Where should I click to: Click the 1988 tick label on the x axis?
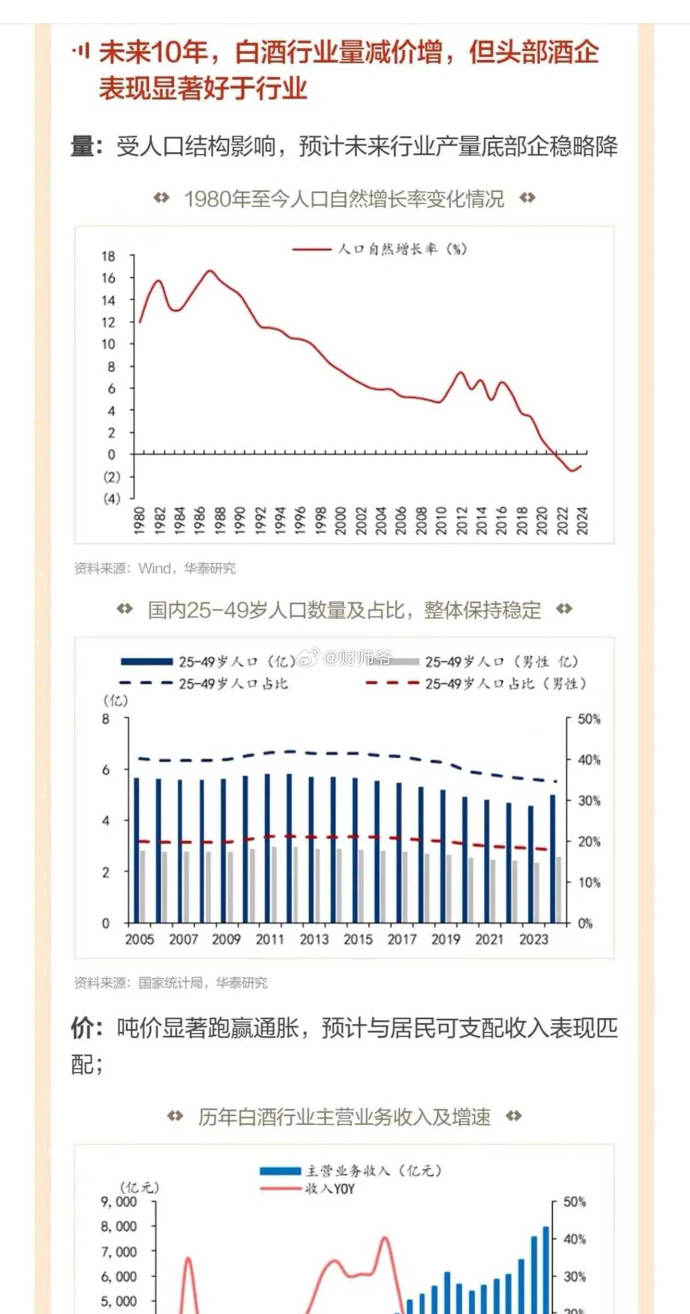click(x=220, y=521)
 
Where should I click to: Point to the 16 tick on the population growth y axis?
click(x=109, y=278)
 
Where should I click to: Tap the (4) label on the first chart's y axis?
click(x=111, y=499)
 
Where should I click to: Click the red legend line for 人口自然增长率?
click(x=312, y=249)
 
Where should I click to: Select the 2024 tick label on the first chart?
click(x=583, y=521)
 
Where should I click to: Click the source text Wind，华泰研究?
click(x=187, y=568)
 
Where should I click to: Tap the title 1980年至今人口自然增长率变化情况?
click(x=344, y=199)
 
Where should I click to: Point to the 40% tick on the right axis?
click(x=589, y=760)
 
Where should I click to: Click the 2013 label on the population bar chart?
click(x=314, y=940)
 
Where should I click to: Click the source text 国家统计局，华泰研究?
click(x=203, y=983)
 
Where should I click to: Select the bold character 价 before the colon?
click(x=82, y=1028)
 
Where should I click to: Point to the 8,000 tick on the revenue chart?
click(x=118, y=1226)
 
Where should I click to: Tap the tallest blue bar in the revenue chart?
click(x=545, y=1270)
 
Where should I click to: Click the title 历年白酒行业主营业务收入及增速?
click(x=344, y=1117)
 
